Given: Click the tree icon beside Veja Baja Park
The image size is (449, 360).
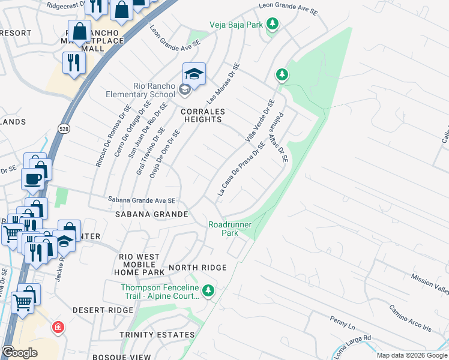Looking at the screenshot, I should [x=273, y=24].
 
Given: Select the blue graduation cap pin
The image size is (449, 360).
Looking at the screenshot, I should [x=194, y=74].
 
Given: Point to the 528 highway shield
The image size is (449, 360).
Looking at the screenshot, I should [x=63, y=128].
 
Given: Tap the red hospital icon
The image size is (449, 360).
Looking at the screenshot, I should [x=58, y=328].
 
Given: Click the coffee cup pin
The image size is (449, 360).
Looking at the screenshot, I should [x=32, y=178].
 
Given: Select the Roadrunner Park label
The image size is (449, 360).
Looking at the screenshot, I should [x=230, y=229].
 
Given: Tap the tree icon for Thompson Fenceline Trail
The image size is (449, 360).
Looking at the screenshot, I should [x=208, y=291].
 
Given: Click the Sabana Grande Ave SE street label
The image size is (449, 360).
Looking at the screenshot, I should [x=142, y=200].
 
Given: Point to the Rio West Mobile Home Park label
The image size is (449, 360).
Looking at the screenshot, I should [x=139, y=264].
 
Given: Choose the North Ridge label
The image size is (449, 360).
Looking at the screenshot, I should [x=197, y=268].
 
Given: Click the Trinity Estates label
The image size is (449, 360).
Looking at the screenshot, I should [x=157, y=335].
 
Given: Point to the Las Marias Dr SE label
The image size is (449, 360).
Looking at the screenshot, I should [x=223, y=83].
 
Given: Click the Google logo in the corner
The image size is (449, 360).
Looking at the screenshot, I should [x=20, y=352].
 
